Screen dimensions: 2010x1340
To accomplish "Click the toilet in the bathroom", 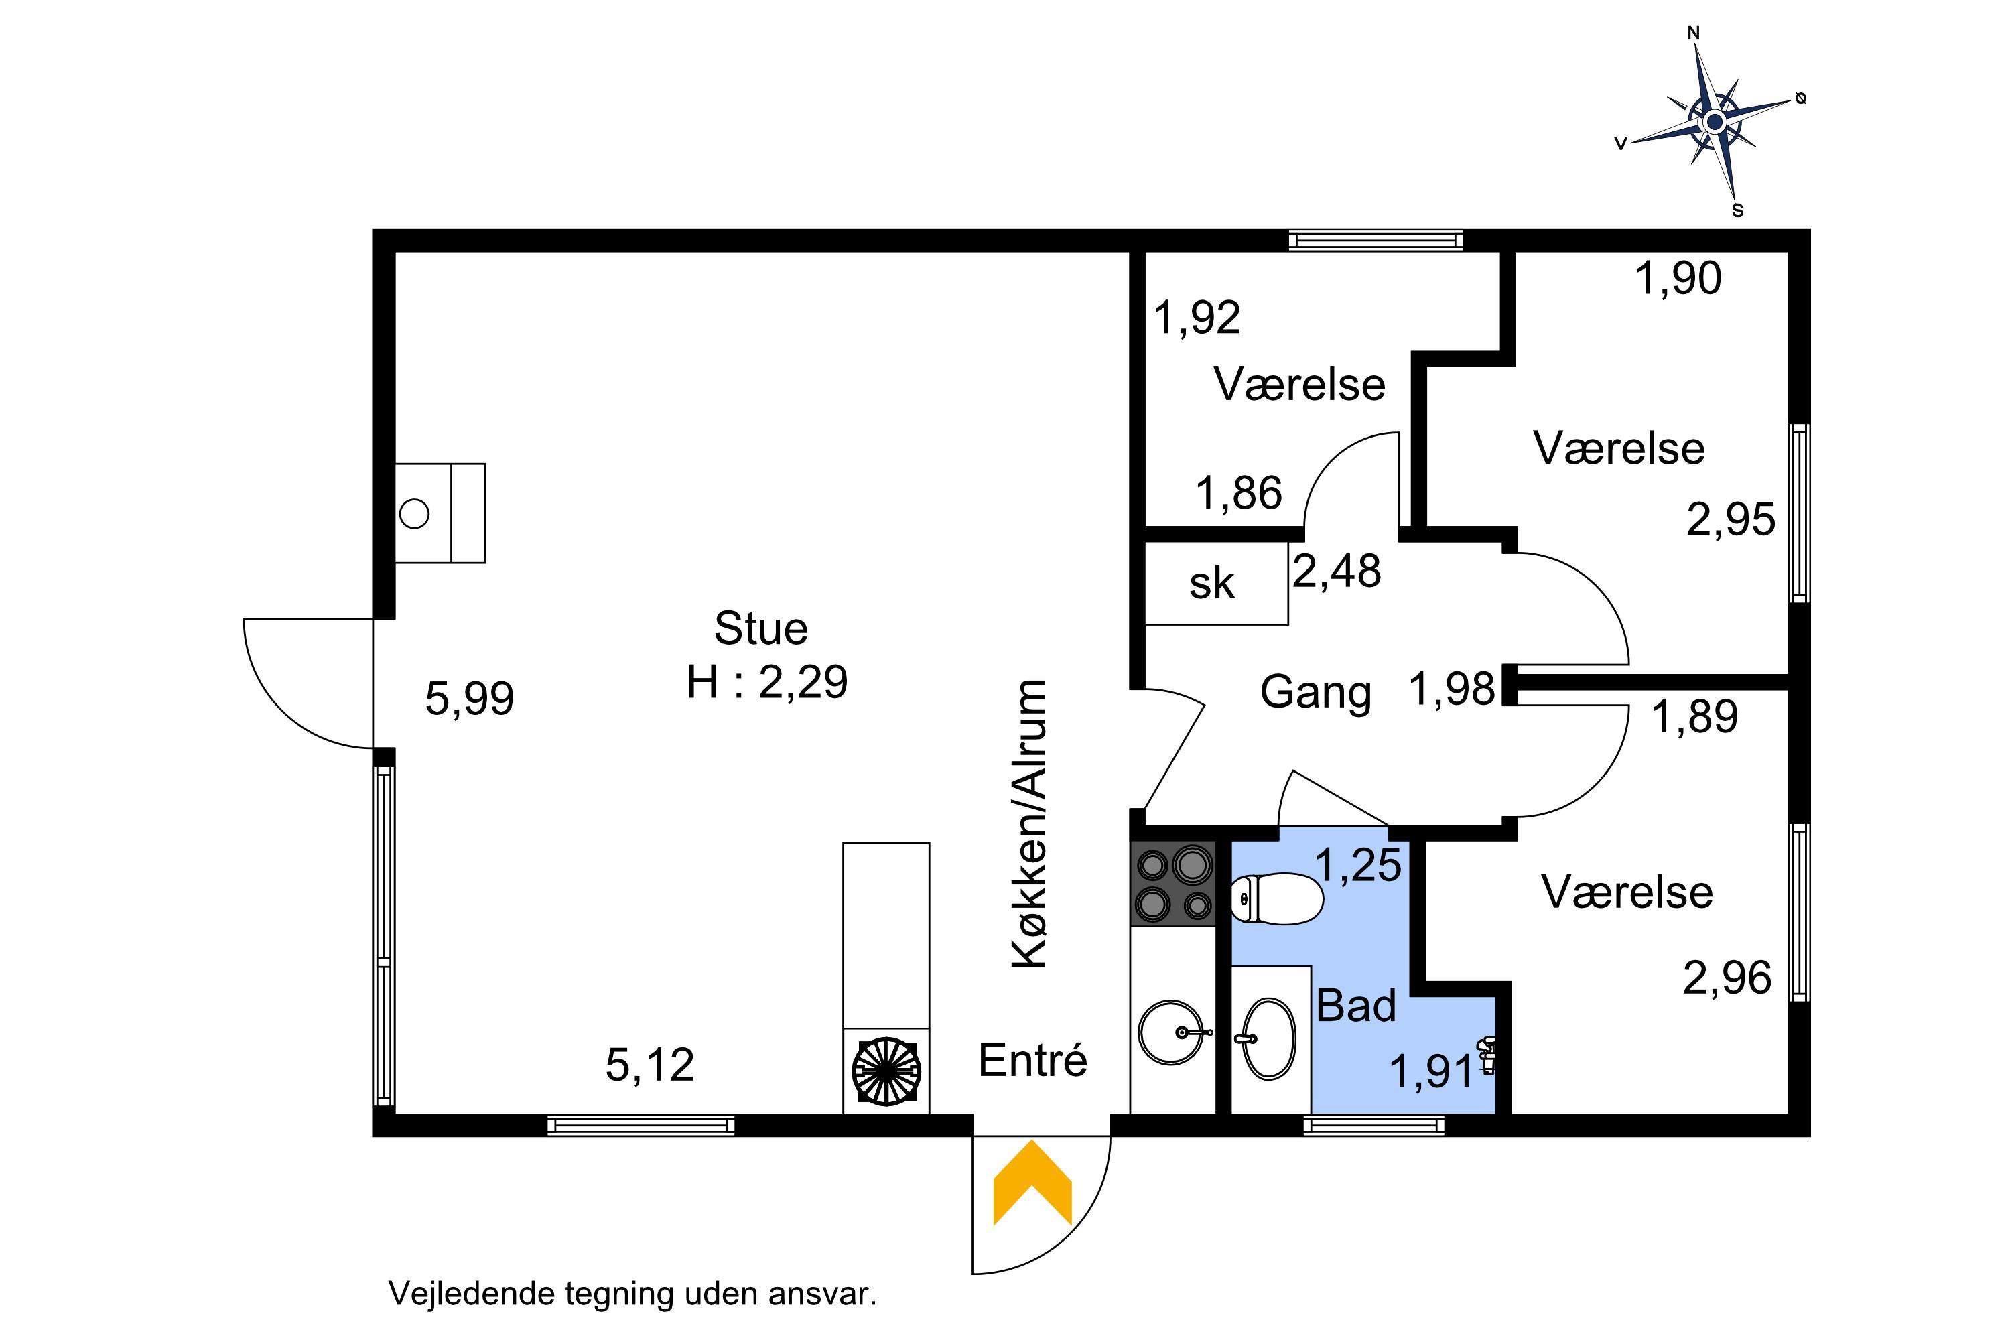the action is tap(1277, 898).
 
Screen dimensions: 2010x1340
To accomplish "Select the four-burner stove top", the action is tap(1172, 884).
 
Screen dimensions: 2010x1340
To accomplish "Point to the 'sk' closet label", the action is tap(1212, 584).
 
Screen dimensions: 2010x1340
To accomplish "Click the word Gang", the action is tap(1315, 693).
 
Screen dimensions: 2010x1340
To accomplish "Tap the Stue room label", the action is tap(760, 629).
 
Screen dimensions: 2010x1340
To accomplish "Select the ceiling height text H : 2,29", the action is tap(766, 682).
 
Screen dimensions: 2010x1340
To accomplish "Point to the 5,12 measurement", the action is tap(649, 1065).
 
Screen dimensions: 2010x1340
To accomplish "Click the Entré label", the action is tap(1032, 1060).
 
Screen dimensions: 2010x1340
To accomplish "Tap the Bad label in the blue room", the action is tap(1356, 1005).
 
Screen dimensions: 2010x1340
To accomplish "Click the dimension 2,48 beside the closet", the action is tap(1337, 571).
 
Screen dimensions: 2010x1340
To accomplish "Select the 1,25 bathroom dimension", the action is tap(1358, 865).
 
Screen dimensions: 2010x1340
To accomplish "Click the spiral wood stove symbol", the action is tap(886, 1071).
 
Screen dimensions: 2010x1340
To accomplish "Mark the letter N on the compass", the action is tap(1693, 33).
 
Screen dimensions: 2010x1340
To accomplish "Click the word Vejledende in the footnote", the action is tap(472, 1294).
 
